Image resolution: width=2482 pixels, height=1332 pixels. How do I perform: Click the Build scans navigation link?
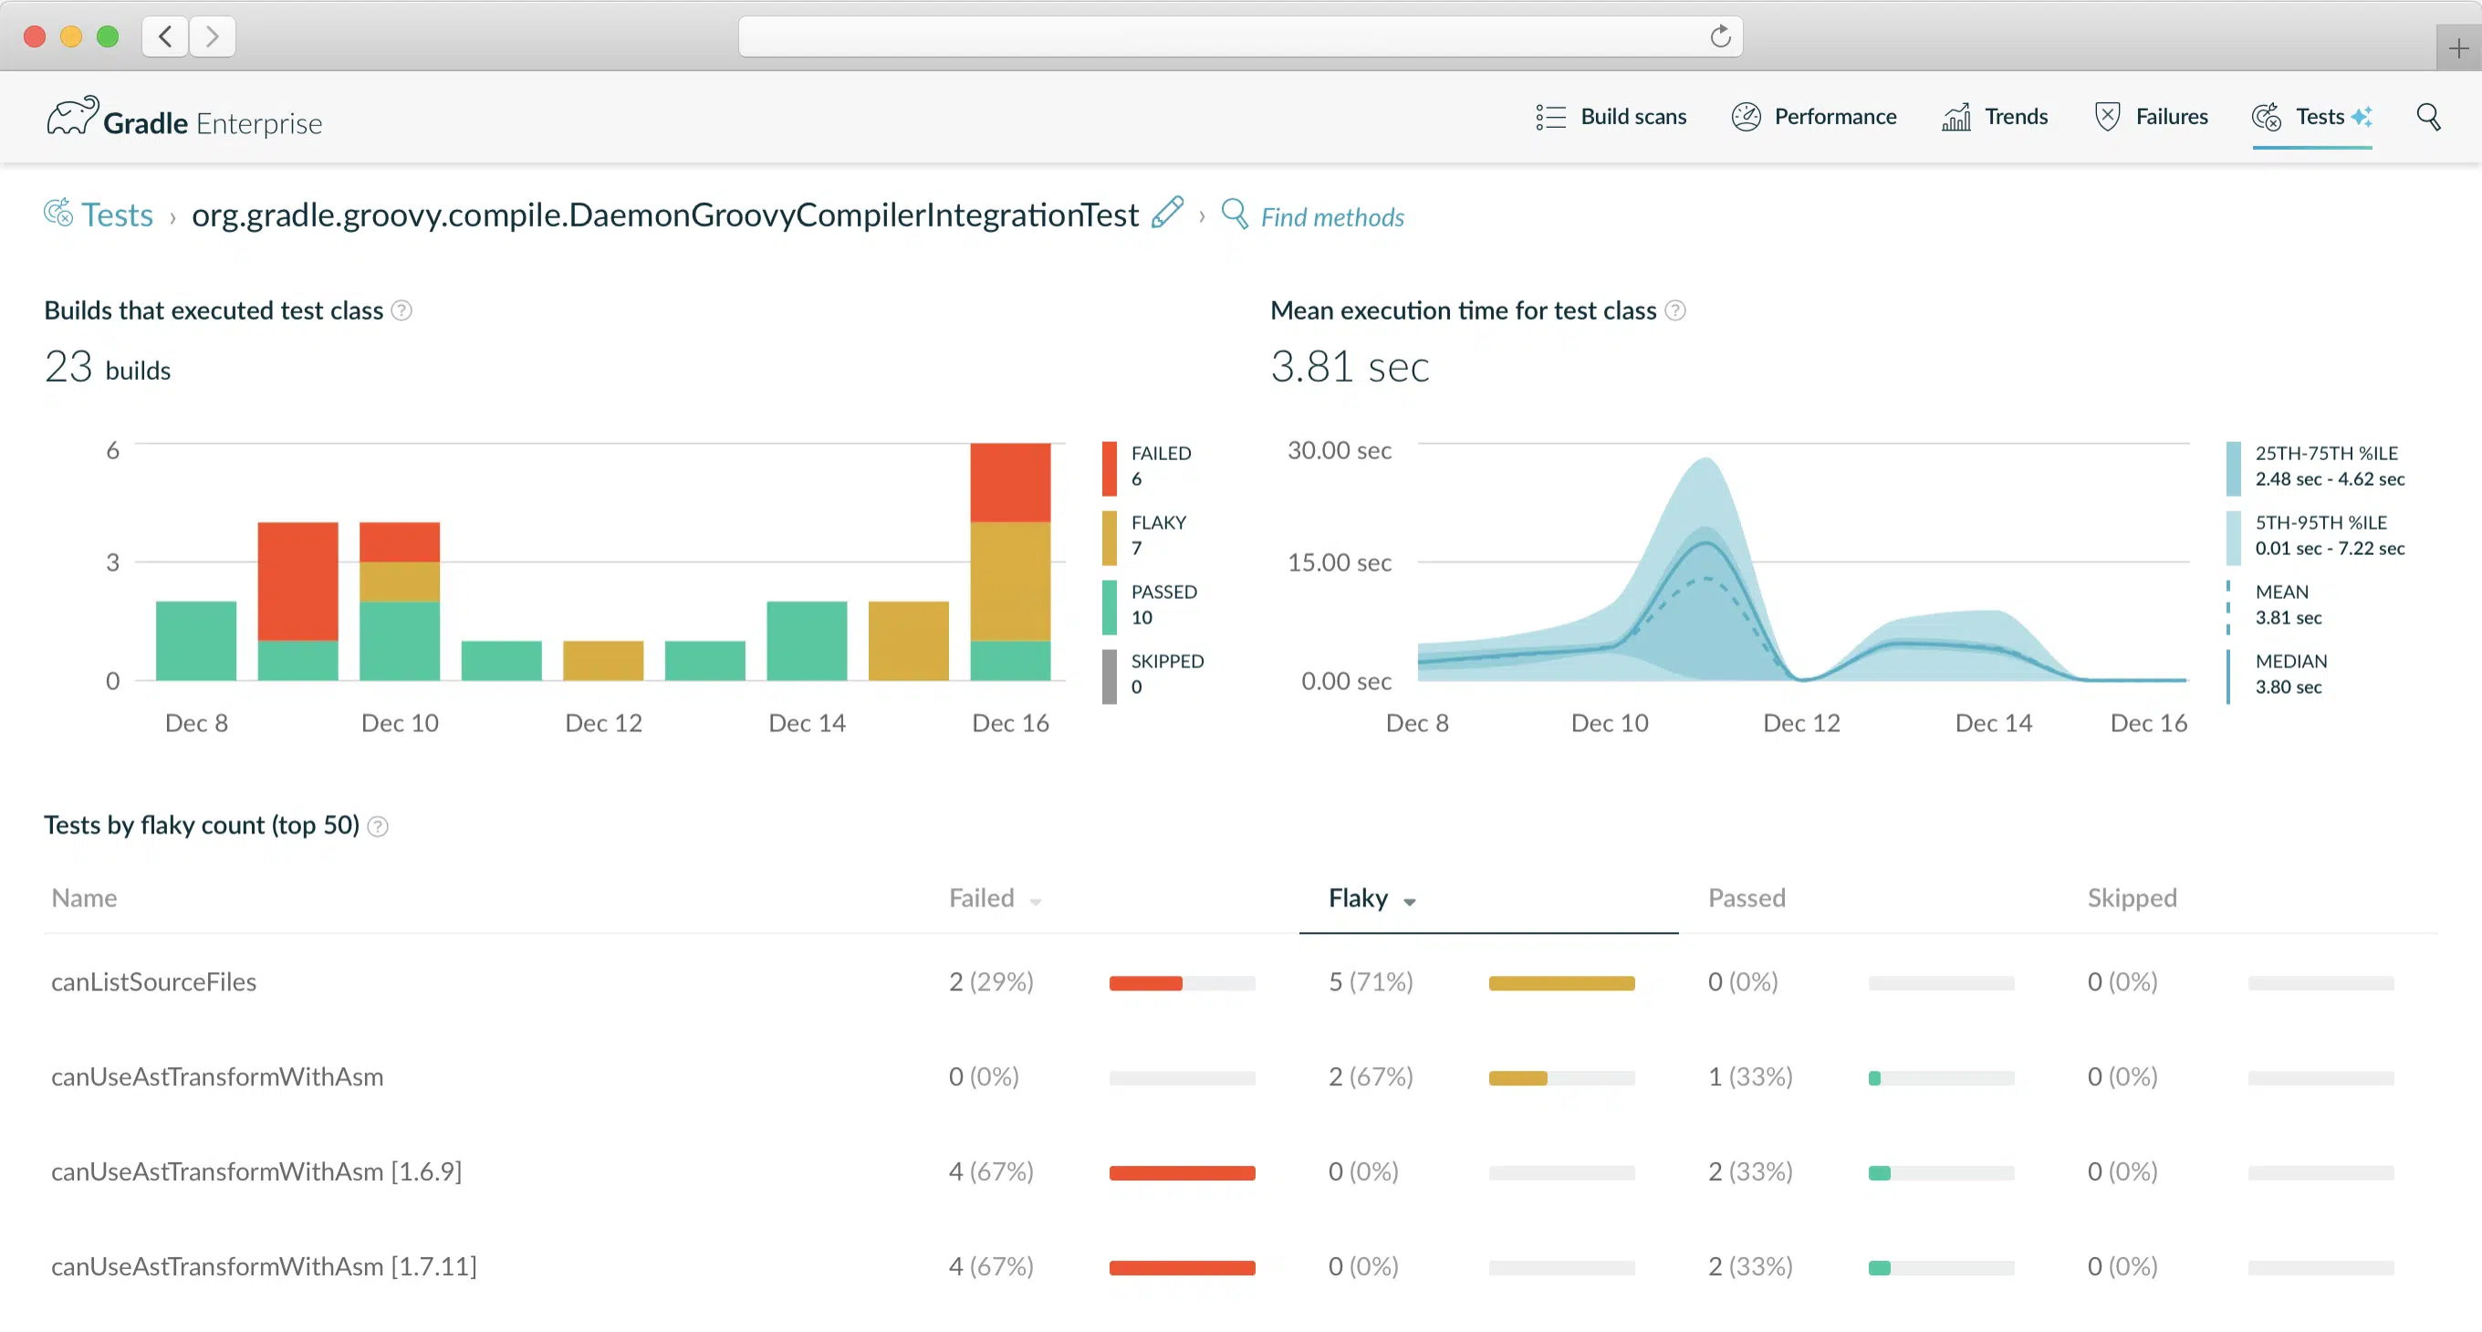pyautogui.click(x=1612, y=117)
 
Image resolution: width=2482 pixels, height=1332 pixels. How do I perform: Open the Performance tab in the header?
pyautogui.click(x=1814, y=117)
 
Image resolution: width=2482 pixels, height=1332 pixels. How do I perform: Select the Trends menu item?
pyautogui.click(x=1996, y=117)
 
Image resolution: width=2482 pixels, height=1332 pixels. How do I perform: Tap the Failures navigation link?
pyautogui.click(x=2152, y=117)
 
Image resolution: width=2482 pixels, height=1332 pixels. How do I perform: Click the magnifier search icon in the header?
pyautogui.click(x=2428, y=117)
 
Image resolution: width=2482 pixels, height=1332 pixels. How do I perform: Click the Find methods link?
pyautogui.click(x=1331, y=217)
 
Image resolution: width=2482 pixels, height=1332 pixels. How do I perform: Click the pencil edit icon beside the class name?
pyautogui.click(x=1167, y=212)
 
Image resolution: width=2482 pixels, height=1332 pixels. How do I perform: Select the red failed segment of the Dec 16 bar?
pyautogui.click(x=1010, y=482)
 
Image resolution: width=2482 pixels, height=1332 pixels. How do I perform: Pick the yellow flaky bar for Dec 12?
pyautogui.click(x=603, y=660)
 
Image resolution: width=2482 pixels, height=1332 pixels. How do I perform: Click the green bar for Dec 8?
pyautogui.click(x=195, y=641)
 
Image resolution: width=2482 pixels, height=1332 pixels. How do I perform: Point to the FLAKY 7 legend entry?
pyautogui.click(x=1156, y=535)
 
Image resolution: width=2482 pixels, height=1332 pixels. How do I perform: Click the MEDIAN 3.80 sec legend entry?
pyautogui.click(x=2289, y=674)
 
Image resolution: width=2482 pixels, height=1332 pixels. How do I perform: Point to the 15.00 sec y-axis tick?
pyautogui.click(x=1340, y=561)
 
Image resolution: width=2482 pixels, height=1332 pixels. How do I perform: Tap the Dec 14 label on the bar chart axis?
pyautogui.click(x=807, y=723)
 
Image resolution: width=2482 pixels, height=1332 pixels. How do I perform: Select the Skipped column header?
pyautogui.click(x=2132, y=898)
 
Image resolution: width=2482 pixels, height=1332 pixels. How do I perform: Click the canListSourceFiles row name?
pyautogui.click(x=154, y=981)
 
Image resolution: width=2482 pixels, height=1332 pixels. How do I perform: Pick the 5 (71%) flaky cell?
pyautogui.click(x=1370, y=981)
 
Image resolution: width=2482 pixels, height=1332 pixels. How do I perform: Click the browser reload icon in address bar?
pyautogui.click(x=1720, y=37)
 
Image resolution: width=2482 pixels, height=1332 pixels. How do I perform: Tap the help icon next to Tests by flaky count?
pyautogui.click(x=378, y=826)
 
